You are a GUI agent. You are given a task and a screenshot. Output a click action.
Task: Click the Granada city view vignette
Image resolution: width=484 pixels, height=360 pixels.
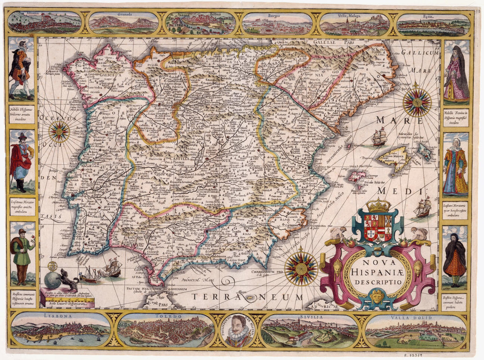point(123,23)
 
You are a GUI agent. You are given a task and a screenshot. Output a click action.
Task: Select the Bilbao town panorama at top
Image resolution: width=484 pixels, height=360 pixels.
point(201,23)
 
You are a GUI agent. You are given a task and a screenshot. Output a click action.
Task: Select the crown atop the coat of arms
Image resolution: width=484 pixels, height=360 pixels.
point(378,205)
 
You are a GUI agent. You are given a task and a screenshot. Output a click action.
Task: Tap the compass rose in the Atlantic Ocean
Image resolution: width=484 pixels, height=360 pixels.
point(59,131)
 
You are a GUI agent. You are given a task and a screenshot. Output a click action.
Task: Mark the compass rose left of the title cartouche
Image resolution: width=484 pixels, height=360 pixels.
point(301,268)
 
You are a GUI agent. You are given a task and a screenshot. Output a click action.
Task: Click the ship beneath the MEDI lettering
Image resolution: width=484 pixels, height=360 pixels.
point(423,207)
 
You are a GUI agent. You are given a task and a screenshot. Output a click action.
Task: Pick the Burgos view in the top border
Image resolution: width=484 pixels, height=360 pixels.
point(277,23)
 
